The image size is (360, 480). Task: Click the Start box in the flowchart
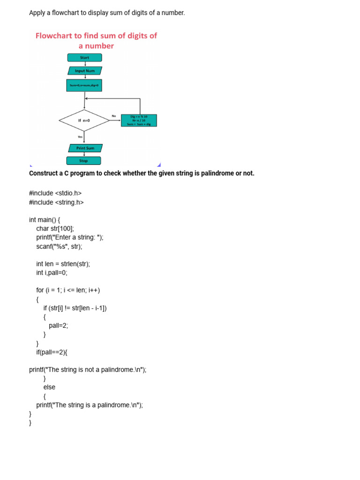pos(84,58)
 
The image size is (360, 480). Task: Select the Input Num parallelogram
pos(85,71)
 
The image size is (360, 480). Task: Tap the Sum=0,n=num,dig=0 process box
pos(84,85)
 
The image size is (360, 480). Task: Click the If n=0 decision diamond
pos(84,120)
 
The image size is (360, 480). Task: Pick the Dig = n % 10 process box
pos(139,120)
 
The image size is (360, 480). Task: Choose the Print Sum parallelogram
pos(85,148)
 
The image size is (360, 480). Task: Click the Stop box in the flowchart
pos(83,161)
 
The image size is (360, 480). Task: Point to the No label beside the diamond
pos(114,116)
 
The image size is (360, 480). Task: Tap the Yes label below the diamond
pos(80,137)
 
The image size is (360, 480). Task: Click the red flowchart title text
pos(96,40)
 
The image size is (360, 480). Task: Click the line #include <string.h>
pos(56,202)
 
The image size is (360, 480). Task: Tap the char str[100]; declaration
pos(55,229)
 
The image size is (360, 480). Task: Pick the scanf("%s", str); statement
pos(59,246)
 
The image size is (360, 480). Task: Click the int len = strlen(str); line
pos(63,264)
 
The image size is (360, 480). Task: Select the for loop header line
pos(68,290)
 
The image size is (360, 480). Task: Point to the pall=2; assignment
pos(58,325)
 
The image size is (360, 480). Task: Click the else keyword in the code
pos(49,387)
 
